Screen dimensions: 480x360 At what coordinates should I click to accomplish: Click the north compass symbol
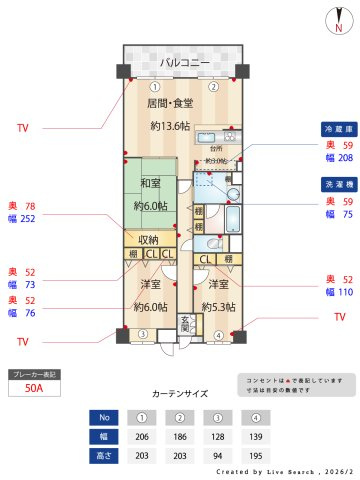click(x=340, y=22)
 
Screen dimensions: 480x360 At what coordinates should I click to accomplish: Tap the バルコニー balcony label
click(x=184, y=62)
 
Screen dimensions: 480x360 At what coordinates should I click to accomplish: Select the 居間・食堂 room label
click(x=170, y=104)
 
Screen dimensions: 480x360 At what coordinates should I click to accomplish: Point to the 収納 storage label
click(x=149, y=240)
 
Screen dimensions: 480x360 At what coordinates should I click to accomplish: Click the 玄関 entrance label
click(x=185, y=324)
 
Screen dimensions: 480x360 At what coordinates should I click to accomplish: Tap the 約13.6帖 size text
click(x=170, y=126)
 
